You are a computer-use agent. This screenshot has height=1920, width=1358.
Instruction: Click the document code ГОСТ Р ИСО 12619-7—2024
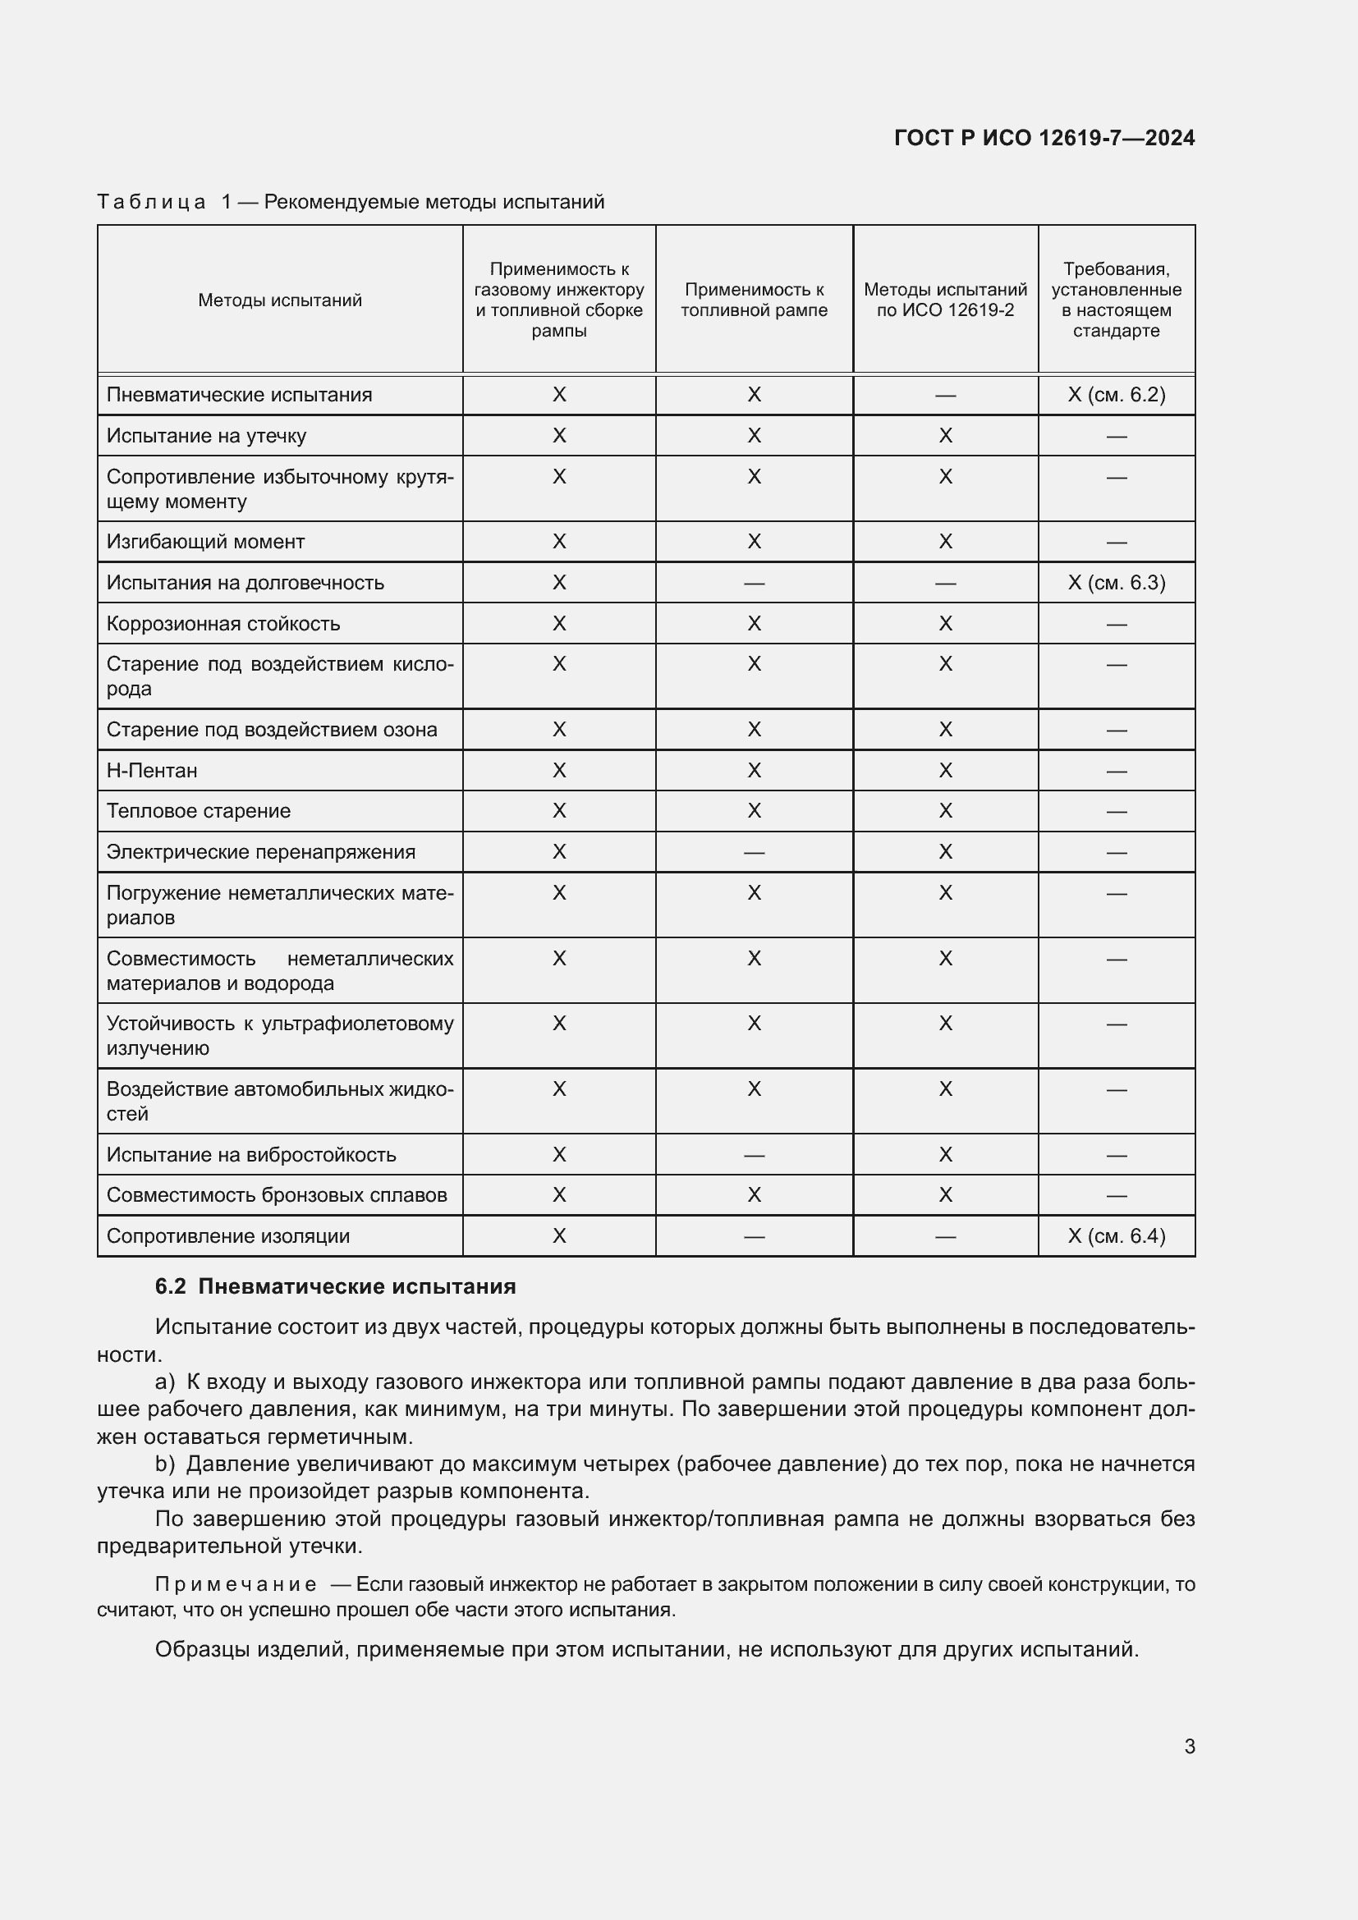click(1044, 138)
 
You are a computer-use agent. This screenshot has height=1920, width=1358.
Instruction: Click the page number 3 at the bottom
click(1189, 1746)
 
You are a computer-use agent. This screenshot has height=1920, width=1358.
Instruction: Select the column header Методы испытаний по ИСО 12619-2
click(945, 300)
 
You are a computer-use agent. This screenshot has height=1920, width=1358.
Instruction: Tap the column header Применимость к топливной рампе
click(754, 300)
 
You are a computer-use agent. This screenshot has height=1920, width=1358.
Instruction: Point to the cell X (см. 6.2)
click(1116, 395)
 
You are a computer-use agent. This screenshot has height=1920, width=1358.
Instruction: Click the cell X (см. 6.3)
click(1116, 583)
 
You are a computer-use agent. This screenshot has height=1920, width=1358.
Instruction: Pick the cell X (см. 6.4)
click(1116, 1236)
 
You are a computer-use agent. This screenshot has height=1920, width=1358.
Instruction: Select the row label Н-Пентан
click(152, 770)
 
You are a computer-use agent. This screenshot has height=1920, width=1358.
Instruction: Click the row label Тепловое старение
click(198, 811)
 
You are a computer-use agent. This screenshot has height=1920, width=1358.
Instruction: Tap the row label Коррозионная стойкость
click(223, 624)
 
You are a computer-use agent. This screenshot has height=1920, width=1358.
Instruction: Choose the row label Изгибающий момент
click(205, 542)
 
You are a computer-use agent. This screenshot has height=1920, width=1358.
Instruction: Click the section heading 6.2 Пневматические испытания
click(335, 1286)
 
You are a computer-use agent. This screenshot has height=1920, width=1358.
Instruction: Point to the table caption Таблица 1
click(151, 202)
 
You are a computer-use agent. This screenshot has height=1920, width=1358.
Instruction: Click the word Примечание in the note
click(235, 1583)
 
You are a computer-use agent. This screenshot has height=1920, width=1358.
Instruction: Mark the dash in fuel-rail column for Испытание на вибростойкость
click(754, 1155)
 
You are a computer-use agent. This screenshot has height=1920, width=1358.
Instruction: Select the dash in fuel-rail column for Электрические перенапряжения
click(754, 852)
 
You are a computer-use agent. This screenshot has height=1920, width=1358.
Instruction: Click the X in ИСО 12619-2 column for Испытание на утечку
click(945, 436)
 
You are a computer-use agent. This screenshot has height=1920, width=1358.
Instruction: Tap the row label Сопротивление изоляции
click(227, 1236)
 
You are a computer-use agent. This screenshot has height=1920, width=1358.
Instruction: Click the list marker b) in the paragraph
click(165, 1464)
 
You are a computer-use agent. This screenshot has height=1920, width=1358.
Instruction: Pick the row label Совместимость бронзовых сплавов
click(276, 1195)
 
